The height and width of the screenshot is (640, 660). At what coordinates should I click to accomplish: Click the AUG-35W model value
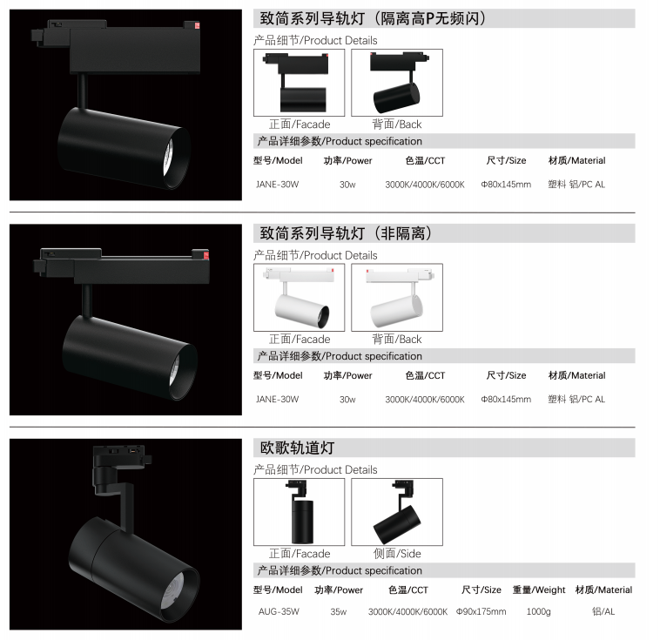click(279, 611)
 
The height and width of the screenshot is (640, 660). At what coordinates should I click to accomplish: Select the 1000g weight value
click(538, 611)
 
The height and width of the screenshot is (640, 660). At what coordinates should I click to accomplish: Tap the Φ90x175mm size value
click(482, 611)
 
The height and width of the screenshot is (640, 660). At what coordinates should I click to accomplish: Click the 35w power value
click(339, 611)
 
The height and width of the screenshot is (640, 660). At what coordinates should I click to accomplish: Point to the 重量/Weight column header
click(539, 589)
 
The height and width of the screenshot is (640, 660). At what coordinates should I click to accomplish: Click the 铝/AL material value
click(603, 611)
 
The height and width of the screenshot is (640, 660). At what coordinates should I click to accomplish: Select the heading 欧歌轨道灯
click(297, 448)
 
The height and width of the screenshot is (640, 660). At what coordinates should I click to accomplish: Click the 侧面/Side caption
click(397, 553)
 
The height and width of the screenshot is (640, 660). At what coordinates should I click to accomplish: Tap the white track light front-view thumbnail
click(299, 297)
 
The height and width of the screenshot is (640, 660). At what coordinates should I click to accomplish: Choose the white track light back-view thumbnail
click(397, 297)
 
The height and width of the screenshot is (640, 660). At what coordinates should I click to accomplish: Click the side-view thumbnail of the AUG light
click(397, 512)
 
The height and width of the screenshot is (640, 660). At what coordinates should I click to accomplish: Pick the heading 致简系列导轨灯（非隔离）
click(346, 232)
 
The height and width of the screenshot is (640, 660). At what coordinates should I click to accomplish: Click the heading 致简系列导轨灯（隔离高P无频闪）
click(373, 18)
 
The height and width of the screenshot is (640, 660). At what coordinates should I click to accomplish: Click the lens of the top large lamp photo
click(168, 156)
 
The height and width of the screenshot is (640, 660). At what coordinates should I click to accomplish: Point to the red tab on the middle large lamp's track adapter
click(205, 256)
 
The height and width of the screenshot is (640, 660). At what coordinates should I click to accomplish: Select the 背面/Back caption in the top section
click(397, 125)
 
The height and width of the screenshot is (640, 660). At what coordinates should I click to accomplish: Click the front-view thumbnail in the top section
click(299, 83)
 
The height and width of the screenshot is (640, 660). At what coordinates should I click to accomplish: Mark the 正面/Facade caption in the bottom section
click(300, 553)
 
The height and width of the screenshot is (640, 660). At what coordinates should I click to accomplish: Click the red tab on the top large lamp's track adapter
click(197, 25)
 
